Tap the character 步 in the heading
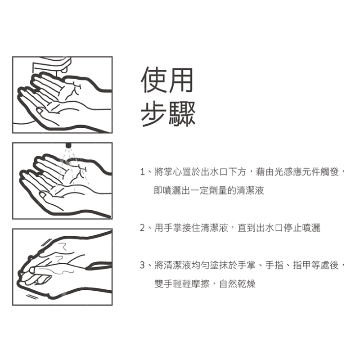tap(153, 114)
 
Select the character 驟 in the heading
tap(182, 114)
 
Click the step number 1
tap(142, 172)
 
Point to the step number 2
tap(142, 228)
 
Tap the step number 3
tap(142, 265)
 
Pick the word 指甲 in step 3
tap(302, 265)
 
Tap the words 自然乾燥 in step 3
tap(238, 284)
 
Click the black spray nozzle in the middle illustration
tap(68, 145)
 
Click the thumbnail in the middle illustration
tap(43, 195)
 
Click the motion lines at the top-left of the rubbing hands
tap(47, 243)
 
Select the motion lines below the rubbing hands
tap(32, 296)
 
